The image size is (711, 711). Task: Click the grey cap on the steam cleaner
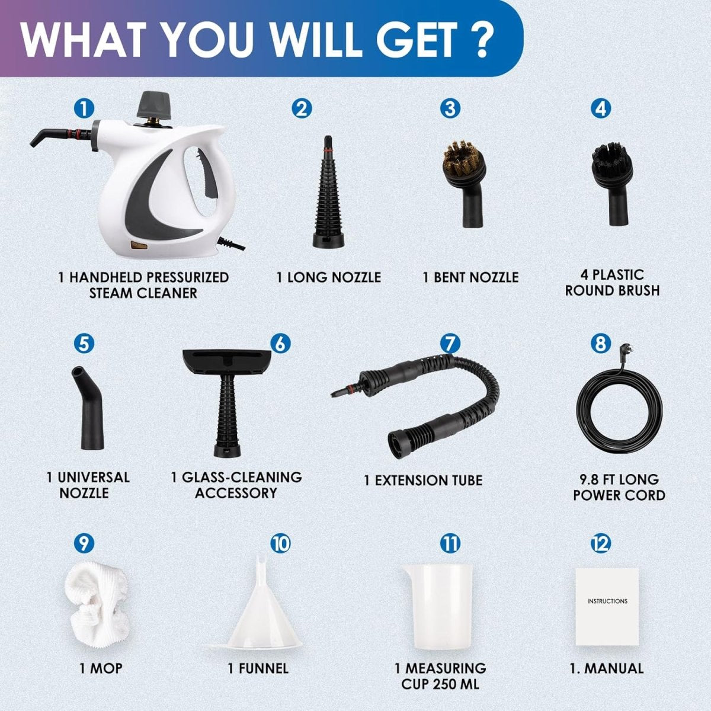pyautogui.click(x=153, y=105)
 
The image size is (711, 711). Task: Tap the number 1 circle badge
pyautogui.click(x=84, y=108)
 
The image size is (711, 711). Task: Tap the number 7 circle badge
pyautogui.click(x=450, y=343)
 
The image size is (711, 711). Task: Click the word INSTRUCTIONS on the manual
pyautogui.click(x=607, y=601)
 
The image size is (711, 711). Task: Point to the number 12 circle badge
pyautogui.click(x=600, y=543)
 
